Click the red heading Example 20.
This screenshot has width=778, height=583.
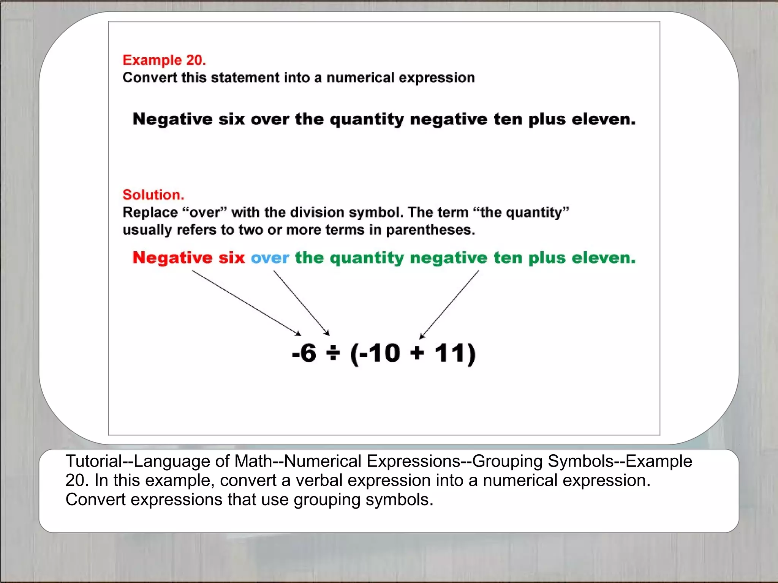164,60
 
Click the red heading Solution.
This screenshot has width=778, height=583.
153,195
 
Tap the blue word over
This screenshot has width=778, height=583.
270,258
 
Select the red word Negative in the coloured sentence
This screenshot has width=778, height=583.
172,258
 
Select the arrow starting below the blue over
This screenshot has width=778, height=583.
301,303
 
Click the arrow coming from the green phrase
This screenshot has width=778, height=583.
449,304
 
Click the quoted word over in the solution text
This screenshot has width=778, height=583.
204,213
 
